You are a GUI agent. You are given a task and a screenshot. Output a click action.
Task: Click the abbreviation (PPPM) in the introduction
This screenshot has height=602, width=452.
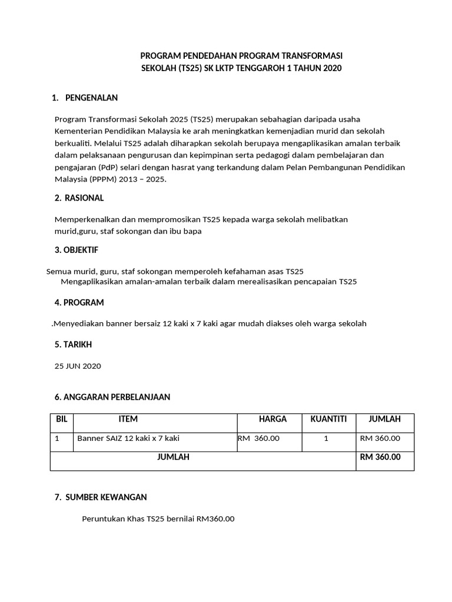pyautogui.click(x=102, y=180)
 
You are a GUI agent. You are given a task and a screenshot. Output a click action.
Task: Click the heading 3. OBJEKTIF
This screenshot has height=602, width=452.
pyautogui.click(x=77, y=250)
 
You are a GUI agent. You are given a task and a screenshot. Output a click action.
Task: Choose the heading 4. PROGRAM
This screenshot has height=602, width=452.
pyautogui.click(x=79, y=303)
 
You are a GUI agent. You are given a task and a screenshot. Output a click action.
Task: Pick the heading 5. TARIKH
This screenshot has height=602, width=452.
pyautogui.click(x=73, y=345)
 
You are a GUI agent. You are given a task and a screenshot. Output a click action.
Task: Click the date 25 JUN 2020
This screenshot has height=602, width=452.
pyautogui.click(x=78, y=366)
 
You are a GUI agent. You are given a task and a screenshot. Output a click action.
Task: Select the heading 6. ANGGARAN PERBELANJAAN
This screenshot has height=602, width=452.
pyautogui.click(x=112, y=397)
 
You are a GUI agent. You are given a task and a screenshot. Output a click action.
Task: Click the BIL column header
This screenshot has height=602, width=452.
pyautogui.click(x=62, y=419)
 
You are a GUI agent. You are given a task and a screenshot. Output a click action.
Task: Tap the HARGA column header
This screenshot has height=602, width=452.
pyautogui.click(x=272, y=419)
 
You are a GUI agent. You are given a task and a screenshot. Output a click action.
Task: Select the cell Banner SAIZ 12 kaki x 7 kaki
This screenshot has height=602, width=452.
pyautogui.click(x=128, y=439)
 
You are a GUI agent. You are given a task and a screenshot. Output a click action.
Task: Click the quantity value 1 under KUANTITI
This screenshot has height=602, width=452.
pyautogui.click(x=326, y=439)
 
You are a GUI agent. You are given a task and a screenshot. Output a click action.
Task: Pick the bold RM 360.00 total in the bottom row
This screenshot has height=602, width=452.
pyautogui.click(x=380, y=457)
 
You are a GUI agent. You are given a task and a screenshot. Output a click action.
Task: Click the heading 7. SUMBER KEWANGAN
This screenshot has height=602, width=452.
pyautogui.click(x=101, y=497)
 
